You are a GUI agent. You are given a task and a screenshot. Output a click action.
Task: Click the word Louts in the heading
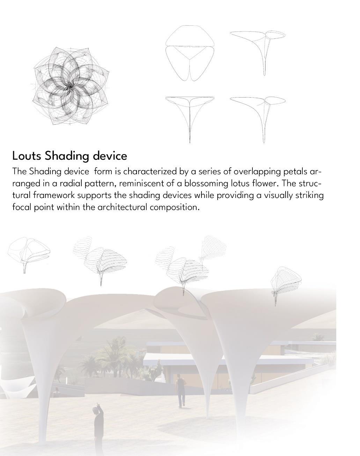[27, 156]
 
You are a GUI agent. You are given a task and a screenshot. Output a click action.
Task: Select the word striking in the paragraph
[309, 195]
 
